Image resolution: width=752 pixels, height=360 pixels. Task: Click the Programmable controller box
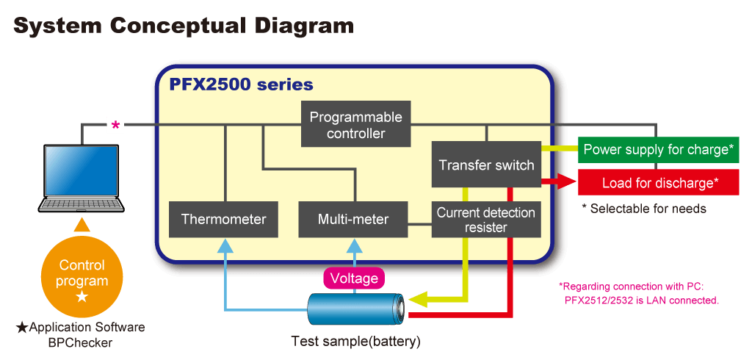[x=355, y=124]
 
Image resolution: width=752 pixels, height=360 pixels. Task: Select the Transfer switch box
[x=486, y=165]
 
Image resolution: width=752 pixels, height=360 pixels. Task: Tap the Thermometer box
[x=223, y=220]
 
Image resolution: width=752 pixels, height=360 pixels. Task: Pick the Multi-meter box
[x=353, y=220]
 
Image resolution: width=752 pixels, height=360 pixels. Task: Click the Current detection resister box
[x=486, y=220]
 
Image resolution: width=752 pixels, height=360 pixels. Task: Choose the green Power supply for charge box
[x=658, y=150]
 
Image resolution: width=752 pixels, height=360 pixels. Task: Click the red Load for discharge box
[x=658, y=182]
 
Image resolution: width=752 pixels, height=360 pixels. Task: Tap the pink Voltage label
[x=355, y=278]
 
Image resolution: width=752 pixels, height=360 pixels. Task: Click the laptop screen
[x=81, y=170]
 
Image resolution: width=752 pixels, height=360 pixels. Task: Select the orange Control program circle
[x=82, y=280]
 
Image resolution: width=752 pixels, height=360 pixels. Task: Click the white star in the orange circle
[x=82, y=296]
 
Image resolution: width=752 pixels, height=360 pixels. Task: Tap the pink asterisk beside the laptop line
[x=115, y=126]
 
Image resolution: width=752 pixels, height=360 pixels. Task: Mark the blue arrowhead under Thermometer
[x=225, y=245]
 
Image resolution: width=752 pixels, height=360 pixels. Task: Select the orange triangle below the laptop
[x=82, y=225]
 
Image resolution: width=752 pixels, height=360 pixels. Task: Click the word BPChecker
[x=81, y=342]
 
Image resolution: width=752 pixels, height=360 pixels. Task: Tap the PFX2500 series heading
[x=241, y=85]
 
